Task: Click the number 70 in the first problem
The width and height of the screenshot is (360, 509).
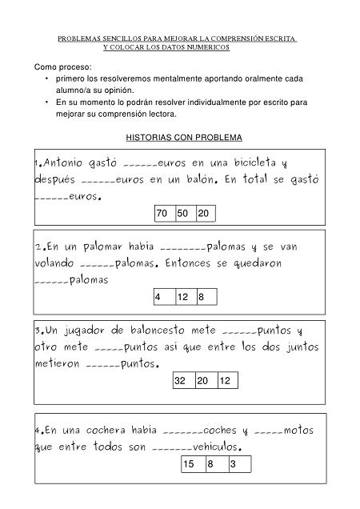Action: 162,214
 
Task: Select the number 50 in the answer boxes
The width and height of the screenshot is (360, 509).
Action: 183,214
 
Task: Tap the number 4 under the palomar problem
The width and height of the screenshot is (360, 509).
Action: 158,297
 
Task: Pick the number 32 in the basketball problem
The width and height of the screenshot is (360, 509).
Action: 180,381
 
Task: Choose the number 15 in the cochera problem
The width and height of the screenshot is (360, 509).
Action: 190,464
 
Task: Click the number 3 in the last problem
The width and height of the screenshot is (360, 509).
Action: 233,464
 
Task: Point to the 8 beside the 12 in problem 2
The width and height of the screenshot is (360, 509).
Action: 202,297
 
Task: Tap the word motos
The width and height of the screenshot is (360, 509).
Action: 298,430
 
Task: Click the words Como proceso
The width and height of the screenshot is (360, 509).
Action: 63,66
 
